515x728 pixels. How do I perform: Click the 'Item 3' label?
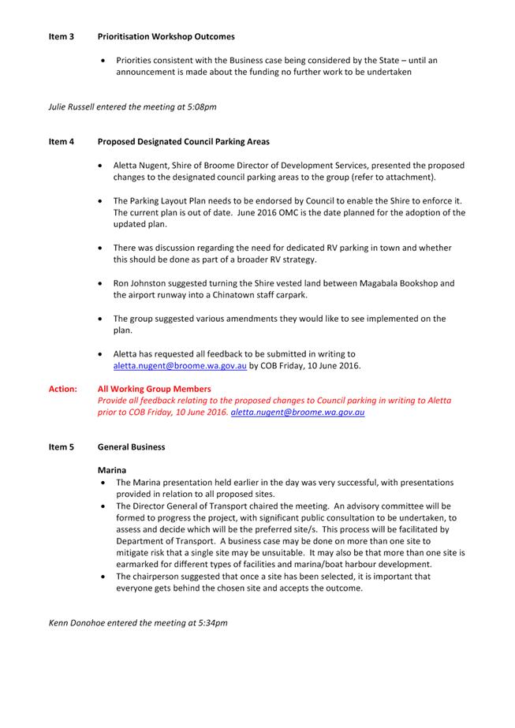coord(62,36)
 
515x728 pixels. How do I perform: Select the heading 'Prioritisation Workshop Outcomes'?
coord(166,36)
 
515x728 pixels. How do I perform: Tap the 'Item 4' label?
coord(62,142)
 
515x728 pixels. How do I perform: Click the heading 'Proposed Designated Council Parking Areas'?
coord(183,142)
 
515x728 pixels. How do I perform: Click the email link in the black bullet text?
coord(181,366)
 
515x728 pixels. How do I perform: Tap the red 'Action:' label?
coord(63,389)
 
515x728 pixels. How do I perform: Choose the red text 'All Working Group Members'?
coord(154,389)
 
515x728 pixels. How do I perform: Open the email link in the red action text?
coord(297,412)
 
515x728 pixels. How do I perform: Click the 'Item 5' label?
coord(62,447)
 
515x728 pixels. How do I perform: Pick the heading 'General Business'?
coord(131,447)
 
